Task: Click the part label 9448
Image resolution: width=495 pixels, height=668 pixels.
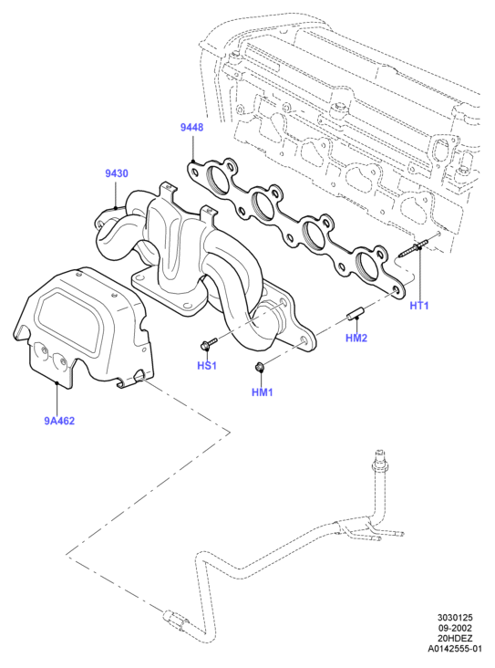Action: click(x=192, y=127)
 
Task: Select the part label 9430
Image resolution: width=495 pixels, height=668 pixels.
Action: click(x=117, y=173)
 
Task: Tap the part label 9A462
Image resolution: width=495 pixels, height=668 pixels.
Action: click(x=59, y=421)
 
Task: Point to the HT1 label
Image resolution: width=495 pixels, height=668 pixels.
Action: click(x=419, y=306)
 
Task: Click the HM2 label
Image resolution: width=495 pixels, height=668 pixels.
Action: click(x=356, y=338)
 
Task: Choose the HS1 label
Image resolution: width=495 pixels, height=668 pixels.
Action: click(x=207, y=366)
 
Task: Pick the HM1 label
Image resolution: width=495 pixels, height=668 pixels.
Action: click(x=263, y=391)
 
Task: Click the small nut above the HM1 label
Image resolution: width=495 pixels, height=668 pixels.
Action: click(x=258, y=366)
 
